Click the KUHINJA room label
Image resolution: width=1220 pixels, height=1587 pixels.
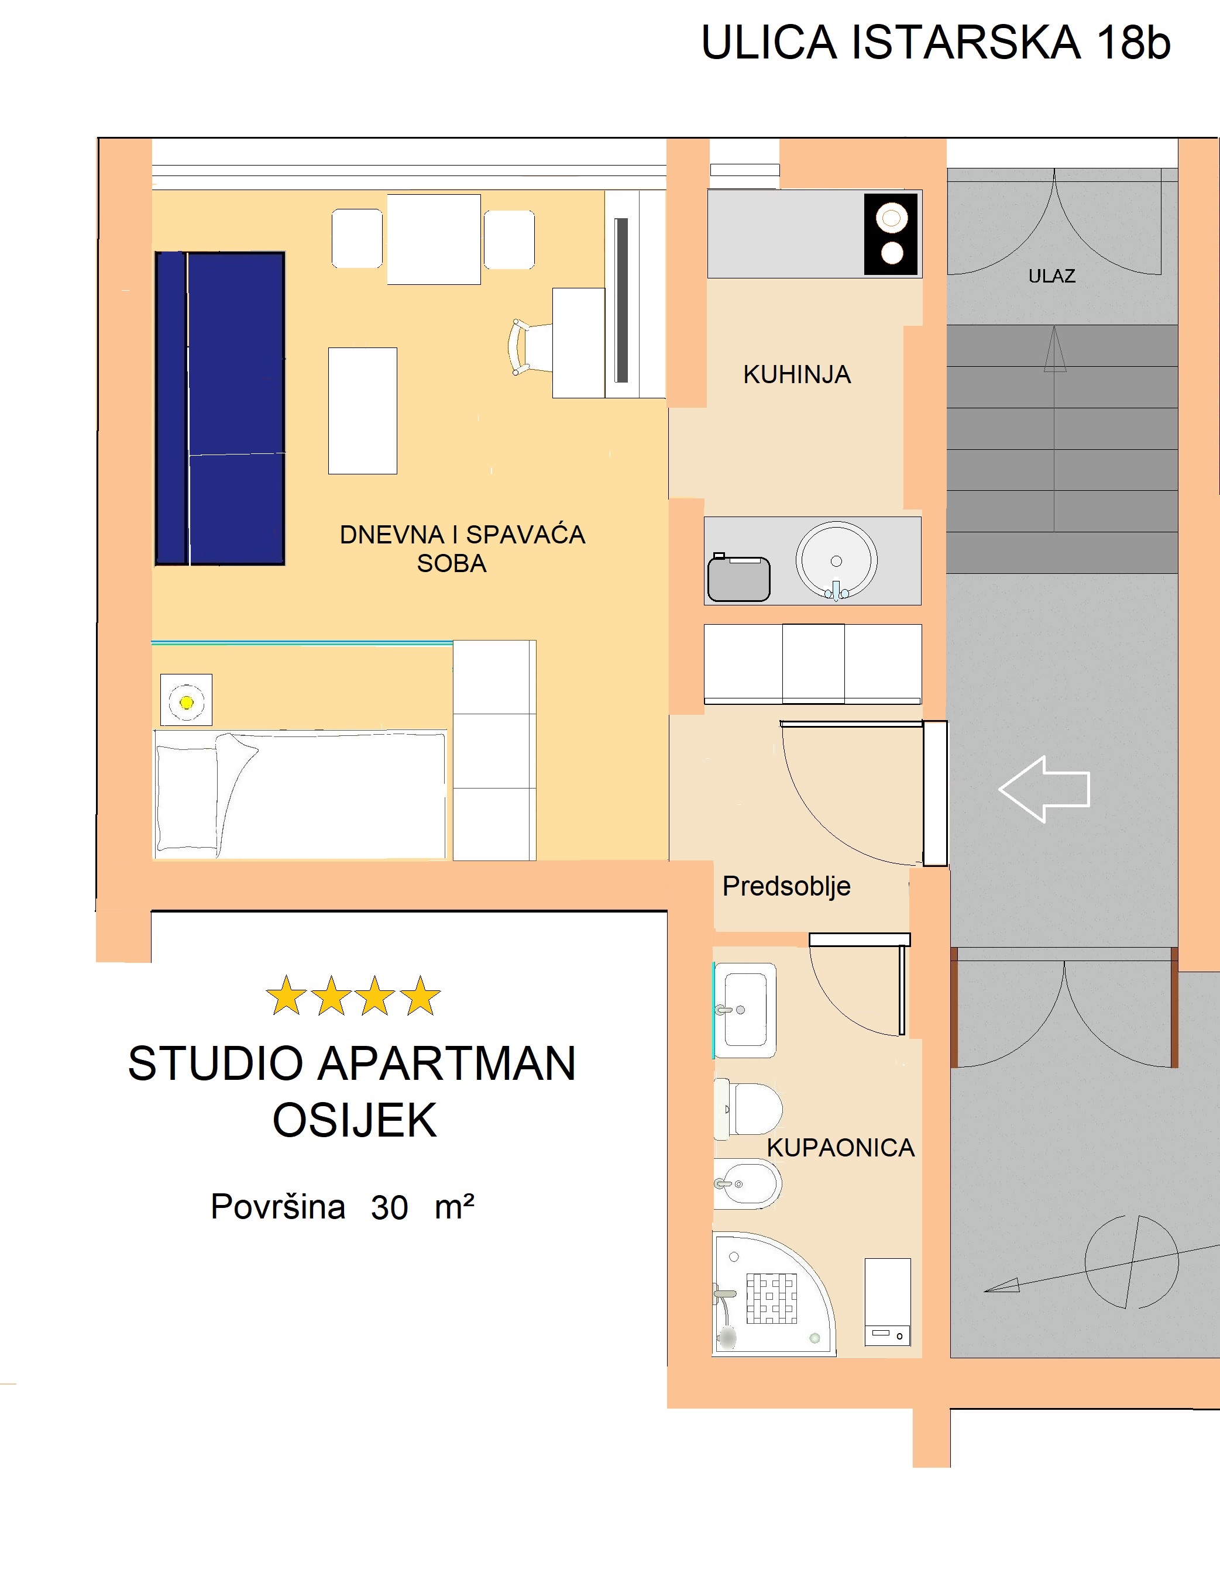[x=796, y=374]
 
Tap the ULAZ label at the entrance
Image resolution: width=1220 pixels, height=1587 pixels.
[x=1051, y=276]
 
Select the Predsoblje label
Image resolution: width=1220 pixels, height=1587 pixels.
[x=786, y=886]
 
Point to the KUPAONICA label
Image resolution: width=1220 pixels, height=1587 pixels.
[x=840, y=1148]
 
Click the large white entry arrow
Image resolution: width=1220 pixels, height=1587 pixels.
[x=1044, y=789]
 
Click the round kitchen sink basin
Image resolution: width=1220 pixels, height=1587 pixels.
[x=837, y=560]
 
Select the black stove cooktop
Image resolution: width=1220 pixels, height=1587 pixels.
[x=891, y=235]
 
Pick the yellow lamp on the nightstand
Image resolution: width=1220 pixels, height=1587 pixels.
[x=187, y=702]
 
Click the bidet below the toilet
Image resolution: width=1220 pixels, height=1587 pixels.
[x=747, y=1184]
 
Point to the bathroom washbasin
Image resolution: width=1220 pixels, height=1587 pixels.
[x=745, y=1010]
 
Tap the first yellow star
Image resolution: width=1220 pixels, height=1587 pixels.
[x=286, y=996]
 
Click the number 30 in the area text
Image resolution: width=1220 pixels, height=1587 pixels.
[x=389, y=1207]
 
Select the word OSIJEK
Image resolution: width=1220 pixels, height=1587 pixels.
[x=355, y=1120]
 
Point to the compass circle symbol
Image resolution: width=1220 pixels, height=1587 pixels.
[x=1132, y=1262]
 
